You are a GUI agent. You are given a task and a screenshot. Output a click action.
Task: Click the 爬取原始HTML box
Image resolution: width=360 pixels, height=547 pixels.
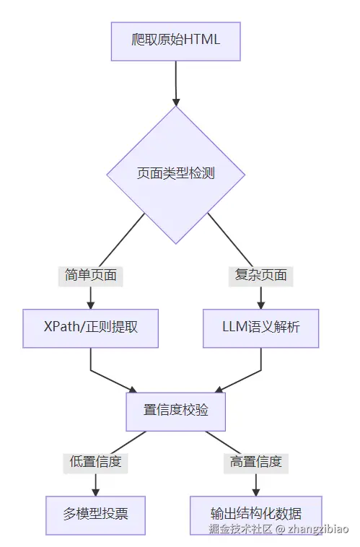click(175, 40)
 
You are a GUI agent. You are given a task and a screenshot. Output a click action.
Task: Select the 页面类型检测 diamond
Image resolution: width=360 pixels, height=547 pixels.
click(175, 174)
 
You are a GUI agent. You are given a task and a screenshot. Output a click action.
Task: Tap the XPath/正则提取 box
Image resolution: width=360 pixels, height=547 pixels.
click(90, 328)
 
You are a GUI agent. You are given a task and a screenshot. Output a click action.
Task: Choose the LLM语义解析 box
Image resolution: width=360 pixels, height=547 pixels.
click(260, 328)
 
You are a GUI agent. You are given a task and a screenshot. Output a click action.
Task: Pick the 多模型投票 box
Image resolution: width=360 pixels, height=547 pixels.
click(95, 514)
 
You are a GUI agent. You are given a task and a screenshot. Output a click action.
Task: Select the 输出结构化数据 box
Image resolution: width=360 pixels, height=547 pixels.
click(255, 514)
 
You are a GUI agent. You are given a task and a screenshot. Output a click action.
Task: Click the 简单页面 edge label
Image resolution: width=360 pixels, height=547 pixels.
click(90, 275)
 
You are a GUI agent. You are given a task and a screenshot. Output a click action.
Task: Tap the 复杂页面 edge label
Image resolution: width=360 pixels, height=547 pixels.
click(260, 275)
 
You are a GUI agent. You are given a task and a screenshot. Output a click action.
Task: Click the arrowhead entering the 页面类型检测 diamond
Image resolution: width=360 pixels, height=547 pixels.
click(175, 101)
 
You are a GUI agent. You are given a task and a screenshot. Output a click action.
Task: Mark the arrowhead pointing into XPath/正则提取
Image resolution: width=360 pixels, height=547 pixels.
click(90, 305)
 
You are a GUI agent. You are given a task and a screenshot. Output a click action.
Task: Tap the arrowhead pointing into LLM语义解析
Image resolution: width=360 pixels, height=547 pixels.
click(260, 305)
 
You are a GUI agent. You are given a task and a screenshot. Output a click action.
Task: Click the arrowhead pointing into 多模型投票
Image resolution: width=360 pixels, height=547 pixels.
click(95, 491)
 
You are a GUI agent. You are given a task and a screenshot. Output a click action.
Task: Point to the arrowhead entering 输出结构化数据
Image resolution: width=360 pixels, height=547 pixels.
click(255, 491)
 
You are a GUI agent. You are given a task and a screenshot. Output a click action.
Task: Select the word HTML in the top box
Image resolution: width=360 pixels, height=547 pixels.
click(202, 40)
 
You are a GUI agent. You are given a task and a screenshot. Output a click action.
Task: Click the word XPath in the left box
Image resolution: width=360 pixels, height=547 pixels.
click(61, 328)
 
